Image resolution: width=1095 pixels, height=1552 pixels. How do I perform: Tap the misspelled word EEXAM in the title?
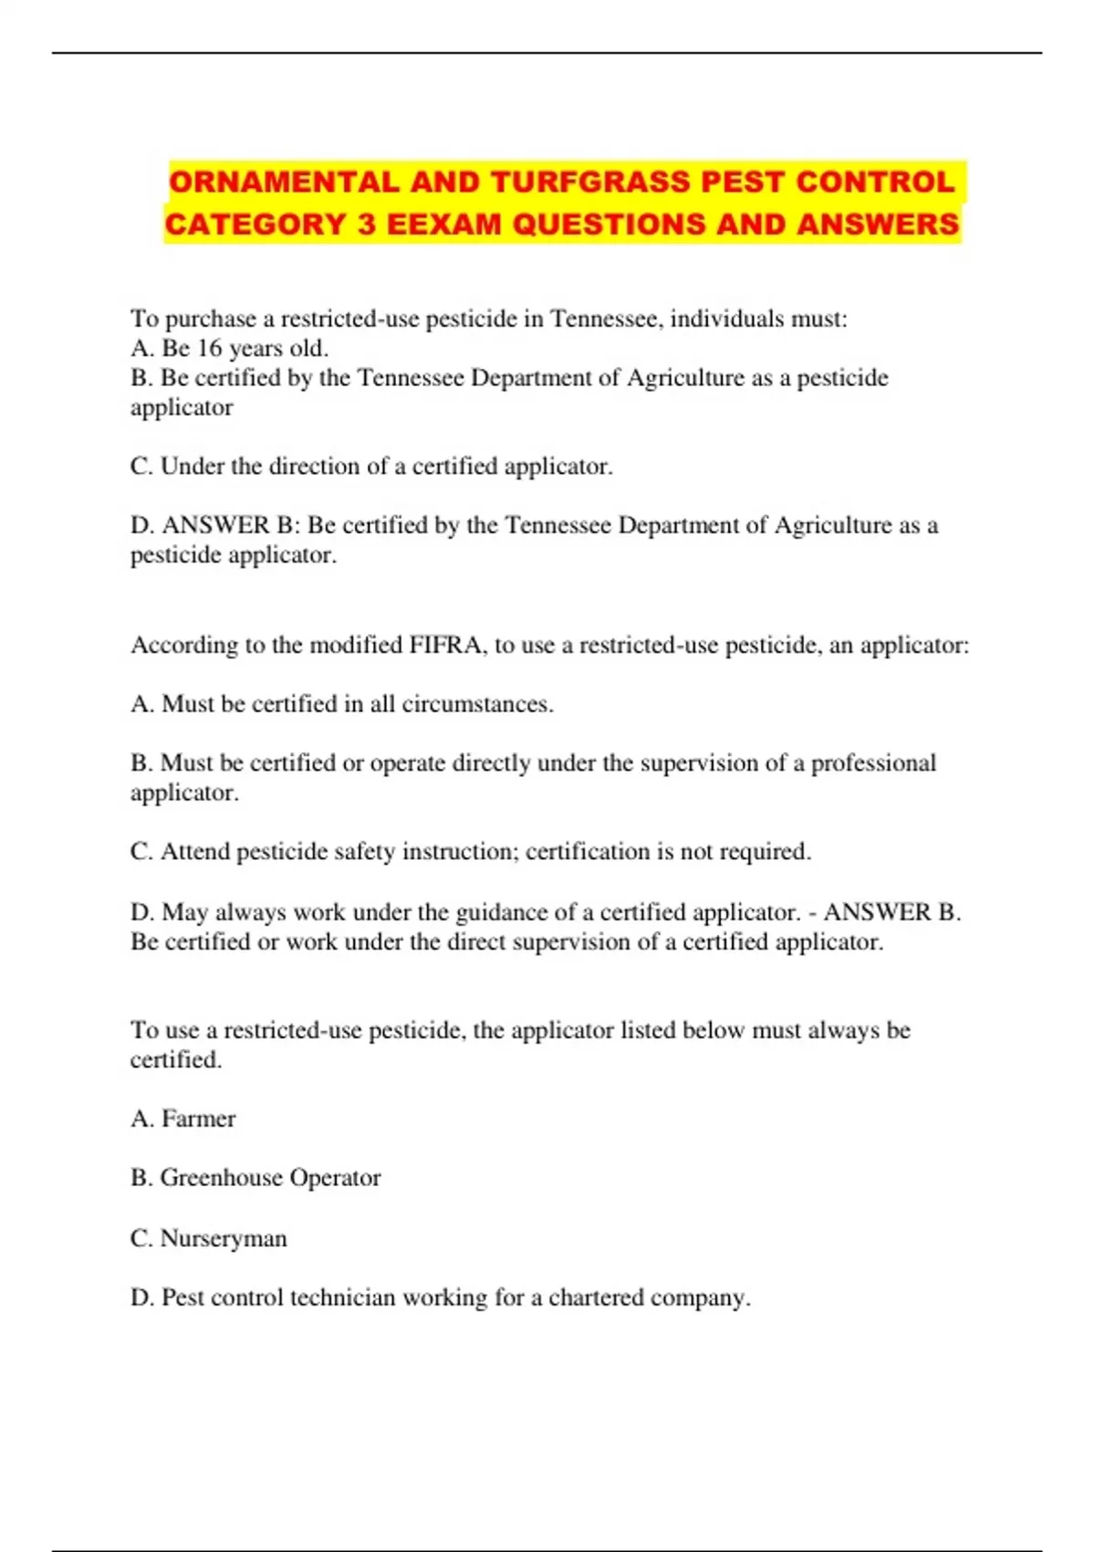444,224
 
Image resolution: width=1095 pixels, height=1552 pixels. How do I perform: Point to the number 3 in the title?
366,224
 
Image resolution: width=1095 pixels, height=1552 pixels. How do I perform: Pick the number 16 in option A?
210,348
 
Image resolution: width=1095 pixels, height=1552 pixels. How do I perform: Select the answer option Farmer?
198,1118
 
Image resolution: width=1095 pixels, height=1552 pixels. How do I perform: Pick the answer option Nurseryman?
224,1238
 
